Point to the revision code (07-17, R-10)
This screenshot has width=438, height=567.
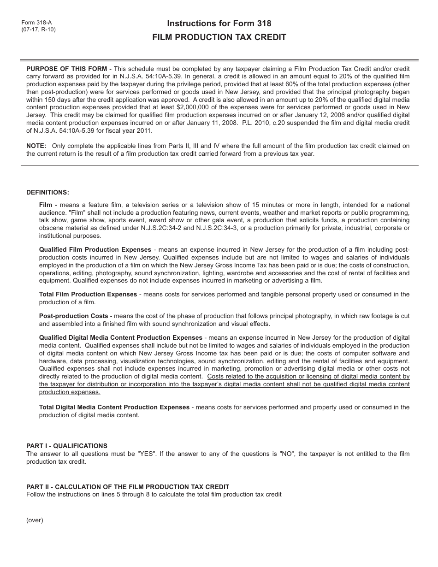click(38, 29)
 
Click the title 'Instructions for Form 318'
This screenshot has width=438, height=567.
click(219, 24)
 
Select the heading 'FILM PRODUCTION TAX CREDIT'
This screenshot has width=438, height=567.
click(219, 37)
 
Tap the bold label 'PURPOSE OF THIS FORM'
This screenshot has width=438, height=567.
click(66, 69)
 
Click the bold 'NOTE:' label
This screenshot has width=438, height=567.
click(36, 146)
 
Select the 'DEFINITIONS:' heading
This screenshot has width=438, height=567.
click(47, 192)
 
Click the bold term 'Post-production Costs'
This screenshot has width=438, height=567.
click(74, 316)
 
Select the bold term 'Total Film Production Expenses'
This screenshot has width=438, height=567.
click(88, 294)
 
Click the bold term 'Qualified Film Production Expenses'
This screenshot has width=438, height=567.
click(95, 249)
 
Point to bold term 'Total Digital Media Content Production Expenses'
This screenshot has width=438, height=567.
click(114, 407)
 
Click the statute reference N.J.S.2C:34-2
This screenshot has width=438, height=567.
click(174, 228)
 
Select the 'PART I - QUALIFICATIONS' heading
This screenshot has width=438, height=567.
click(67, 446)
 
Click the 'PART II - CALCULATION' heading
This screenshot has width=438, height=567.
click(128, 487)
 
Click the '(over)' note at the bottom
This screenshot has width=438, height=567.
click(35, 520)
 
